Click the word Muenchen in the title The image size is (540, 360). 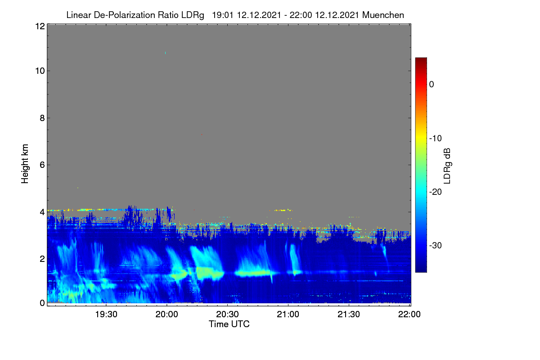tap(383, 15)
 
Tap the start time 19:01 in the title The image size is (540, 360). tap(222, 15)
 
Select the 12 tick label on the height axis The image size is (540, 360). tap(40, 26)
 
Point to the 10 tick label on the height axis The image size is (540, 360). tap(40, 71)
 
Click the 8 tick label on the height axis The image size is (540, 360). tap(42, 118)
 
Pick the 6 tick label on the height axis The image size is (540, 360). tap(42, 165)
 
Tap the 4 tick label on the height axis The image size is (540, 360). tap(42, 212)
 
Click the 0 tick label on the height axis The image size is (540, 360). tap(42, 303)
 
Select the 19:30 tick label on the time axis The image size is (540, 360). tap(106, 314)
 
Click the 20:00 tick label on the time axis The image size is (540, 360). tap(166, 314)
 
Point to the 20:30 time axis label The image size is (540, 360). tap(227, 314)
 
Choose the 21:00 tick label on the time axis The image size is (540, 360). tap(288, 314)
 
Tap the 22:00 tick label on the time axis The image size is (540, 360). tap(409, 314)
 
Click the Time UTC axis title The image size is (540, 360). tap(229, 324)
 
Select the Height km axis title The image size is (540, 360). tap(25, 164)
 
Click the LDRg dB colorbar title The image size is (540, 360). tap(447, 166)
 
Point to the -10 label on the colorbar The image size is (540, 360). tap(436, 139)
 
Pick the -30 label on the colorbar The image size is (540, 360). tap(436, 245)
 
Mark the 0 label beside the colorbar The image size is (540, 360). tap(432, 85)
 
